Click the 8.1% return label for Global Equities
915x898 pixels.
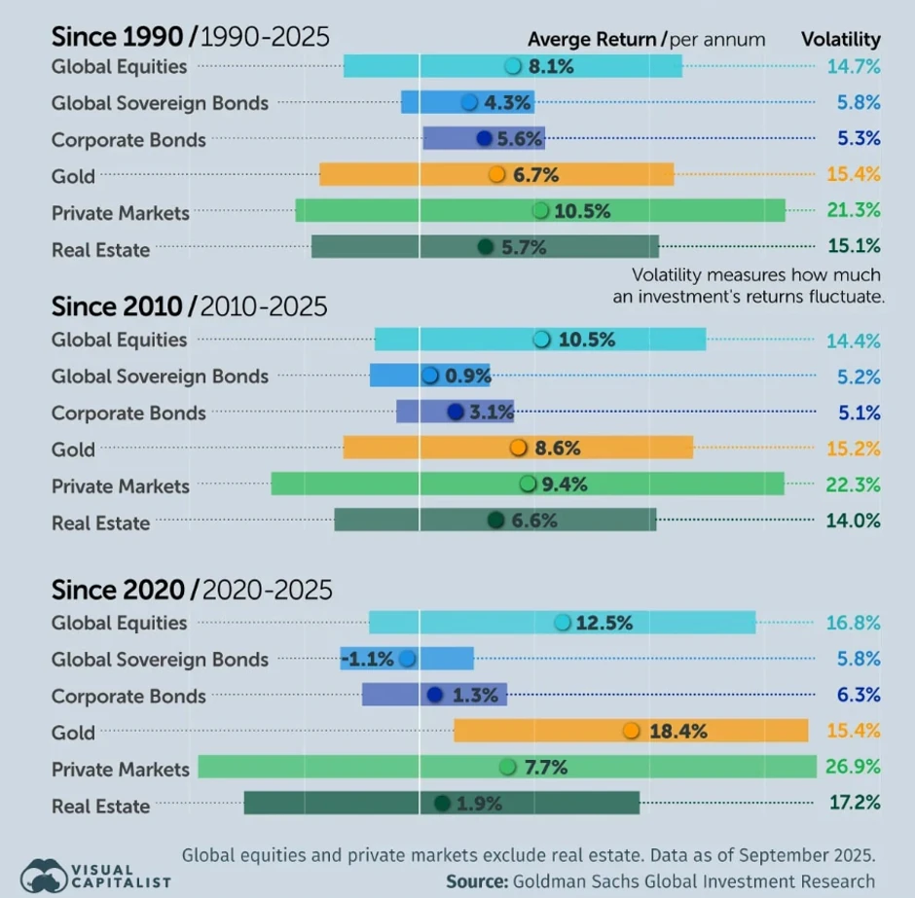coord(551,66)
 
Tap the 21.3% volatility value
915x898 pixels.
coord(853,210)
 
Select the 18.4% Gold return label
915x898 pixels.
coord(677,732)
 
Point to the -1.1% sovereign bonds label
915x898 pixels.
coord(368,659)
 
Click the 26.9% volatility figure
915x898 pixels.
coord(853,769)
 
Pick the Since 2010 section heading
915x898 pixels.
coord(118,306)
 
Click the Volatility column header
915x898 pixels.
coord(840,40)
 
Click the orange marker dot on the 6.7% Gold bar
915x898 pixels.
coord(496,175)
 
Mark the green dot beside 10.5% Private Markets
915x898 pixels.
coord(540,210)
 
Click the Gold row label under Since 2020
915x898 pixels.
coord(73,733)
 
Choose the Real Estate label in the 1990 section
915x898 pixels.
coord(100,250)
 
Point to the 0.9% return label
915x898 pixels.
coord(467,376)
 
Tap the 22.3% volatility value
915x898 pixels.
coord(853,485)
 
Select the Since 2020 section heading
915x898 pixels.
coord(118,590)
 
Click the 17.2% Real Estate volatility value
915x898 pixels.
coord(853,804)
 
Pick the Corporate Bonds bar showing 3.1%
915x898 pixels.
coord(455,412)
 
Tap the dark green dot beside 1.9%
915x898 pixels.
coord(442,804)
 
